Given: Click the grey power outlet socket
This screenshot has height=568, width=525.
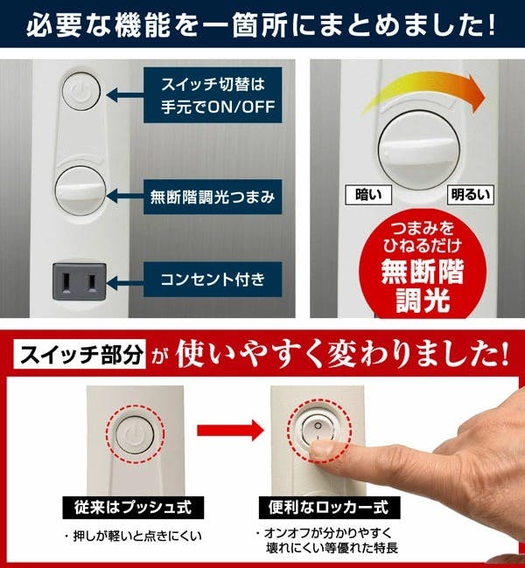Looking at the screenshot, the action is pos(80,281).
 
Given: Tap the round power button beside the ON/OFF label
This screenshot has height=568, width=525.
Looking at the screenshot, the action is pos(81,91).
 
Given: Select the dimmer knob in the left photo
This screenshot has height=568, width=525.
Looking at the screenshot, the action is pos(80,190).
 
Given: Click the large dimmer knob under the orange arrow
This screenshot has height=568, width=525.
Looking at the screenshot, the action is pos(419,149).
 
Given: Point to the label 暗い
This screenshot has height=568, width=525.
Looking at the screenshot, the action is pos(368,195).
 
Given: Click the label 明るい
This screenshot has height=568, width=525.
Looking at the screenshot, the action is pos(471,195).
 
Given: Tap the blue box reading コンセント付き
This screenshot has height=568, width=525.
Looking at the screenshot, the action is pos(213,280).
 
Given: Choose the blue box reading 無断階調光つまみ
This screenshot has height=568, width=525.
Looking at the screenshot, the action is pos(213,197).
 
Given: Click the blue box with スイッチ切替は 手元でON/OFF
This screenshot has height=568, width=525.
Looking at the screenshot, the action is pos(213,95).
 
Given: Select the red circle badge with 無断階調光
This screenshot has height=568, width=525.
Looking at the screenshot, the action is pos(423,265).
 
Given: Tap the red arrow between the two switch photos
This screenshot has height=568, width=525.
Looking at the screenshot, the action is pos(231,430).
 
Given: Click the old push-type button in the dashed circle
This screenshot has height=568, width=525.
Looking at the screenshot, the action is pos(135,434).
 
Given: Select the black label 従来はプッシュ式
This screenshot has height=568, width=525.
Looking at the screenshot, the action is pos(133,507).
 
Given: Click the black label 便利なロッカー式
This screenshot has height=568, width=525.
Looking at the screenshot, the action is pos(329,507).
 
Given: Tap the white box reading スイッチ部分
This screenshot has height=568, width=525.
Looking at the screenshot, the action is pos(80,354).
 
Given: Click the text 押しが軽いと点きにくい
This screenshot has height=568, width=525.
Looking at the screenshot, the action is pos(134,536).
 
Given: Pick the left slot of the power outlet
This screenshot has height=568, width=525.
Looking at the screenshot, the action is pos(66,282).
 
